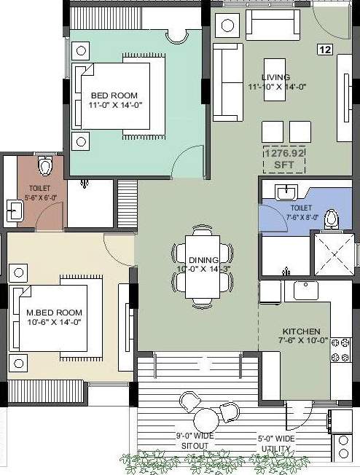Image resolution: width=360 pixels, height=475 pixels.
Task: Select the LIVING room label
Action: pos(276,82)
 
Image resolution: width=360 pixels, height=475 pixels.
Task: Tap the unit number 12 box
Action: pos(324,49)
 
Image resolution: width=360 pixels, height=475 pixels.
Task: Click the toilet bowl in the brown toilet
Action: pos(47,167)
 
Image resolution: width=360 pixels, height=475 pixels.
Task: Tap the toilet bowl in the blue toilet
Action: pos(332,218)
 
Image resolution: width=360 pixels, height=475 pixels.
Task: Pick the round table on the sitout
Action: pos(206,420)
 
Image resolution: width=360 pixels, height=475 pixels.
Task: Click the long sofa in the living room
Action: pos(227,82)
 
